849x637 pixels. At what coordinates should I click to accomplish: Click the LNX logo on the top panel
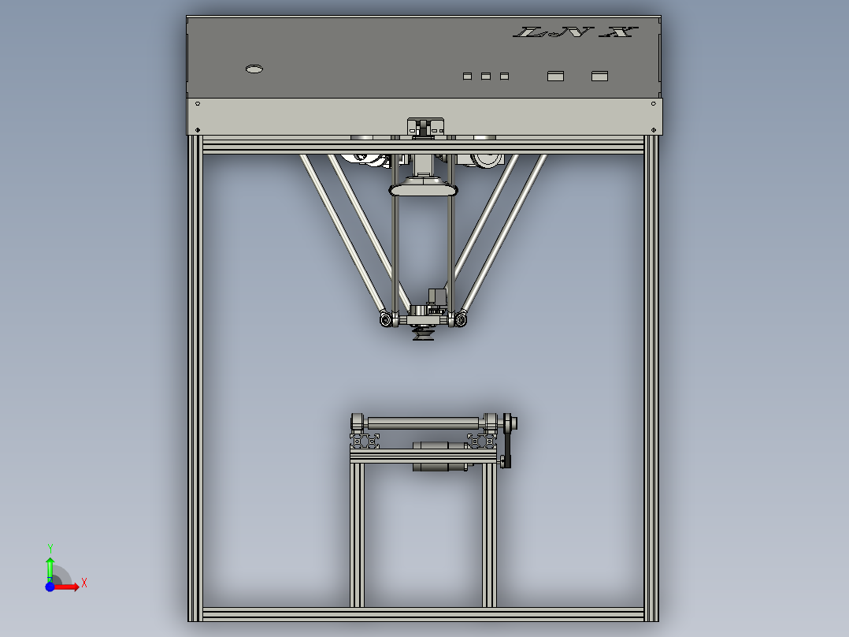575,32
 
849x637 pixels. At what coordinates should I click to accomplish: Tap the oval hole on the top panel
254,69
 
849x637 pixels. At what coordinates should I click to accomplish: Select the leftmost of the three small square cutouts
467,76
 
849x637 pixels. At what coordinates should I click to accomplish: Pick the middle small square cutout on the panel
486,76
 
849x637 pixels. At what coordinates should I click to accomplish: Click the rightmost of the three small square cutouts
505,76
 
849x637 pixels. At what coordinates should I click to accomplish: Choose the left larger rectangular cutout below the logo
556,76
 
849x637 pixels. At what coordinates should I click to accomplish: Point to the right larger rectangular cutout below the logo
600,76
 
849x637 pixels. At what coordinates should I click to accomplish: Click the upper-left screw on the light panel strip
198,104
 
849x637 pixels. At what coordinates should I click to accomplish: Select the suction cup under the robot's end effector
424,336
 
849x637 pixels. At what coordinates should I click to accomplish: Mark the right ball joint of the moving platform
460,319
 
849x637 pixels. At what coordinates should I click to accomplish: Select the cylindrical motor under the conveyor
439,456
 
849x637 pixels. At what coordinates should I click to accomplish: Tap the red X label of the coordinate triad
84,583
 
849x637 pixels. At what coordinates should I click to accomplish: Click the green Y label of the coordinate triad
50,548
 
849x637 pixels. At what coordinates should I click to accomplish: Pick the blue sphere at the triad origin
50,587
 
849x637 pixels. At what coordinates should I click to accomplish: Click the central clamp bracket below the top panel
424,127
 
